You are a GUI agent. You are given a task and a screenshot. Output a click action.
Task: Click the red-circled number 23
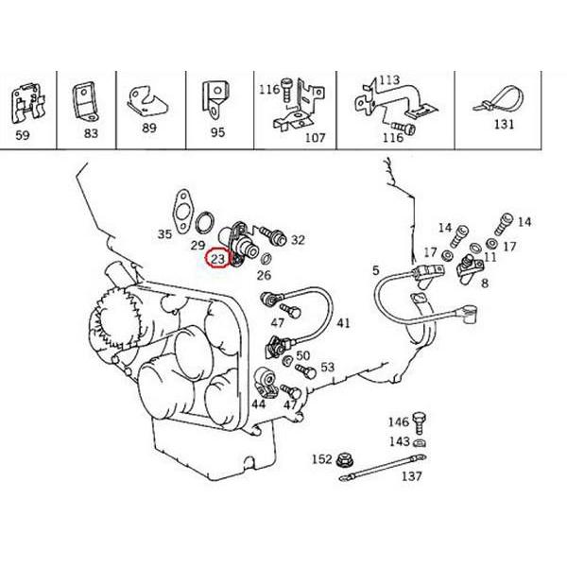tap(218, 258)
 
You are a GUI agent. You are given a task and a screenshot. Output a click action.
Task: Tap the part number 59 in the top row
tap(24, 133)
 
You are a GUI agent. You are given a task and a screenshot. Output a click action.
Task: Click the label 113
tap(389, 80)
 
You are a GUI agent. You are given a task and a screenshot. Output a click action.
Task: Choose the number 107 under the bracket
tap(314, 137)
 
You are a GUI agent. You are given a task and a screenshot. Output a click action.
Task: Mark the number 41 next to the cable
tap(343, 323)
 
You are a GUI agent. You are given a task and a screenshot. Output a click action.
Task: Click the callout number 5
tap(375, 271)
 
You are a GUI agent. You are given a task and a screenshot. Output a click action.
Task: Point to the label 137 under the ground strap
tap(411, 476)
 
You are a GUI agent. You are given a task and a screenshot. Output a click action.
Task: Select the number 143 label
tap(399, 441)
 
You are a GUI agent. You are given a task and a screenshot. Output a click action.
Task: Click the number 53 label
tap(328, 367)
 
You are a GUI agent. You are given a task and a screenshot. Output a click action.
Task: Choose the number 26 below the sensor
tap(264, 276)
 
